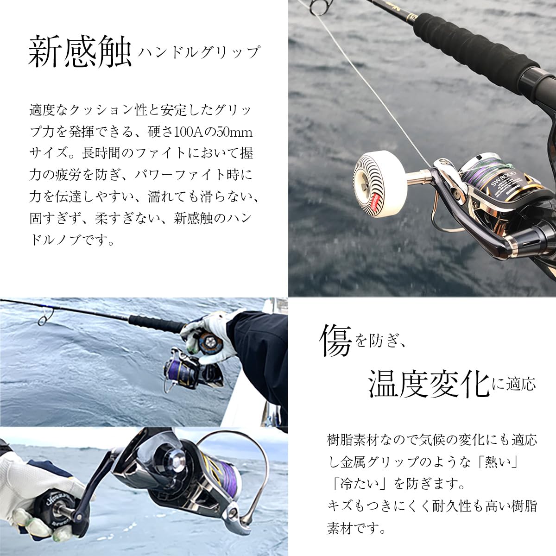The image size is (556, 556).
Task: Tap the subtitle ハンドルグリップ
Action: (x=199, y=52)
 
